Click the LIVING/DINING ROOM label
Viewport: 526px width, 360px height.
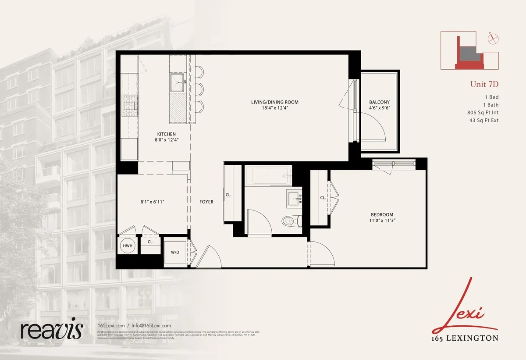tap(272, 102)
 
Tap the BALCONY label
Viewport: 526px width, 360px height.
tap(379, 102)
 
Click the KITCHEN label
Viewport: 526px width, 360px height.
tap(167, 134)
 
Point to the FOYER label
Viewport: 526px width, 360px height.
tap(206, 202)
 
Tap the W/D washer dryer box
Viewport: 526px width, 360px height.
tap(174, 253)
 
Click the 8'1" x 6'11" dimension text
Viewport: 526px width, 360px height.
tap(152, 202)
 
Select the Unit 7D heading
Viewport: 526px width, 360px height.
tap(484, 84)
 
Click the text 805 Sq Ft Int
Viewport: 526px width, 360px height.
tap(483, 112)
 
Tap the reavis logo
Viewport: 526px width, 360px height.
tap(51, 328)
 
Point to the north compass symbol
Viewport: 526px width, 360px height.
tap(493, 39)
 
